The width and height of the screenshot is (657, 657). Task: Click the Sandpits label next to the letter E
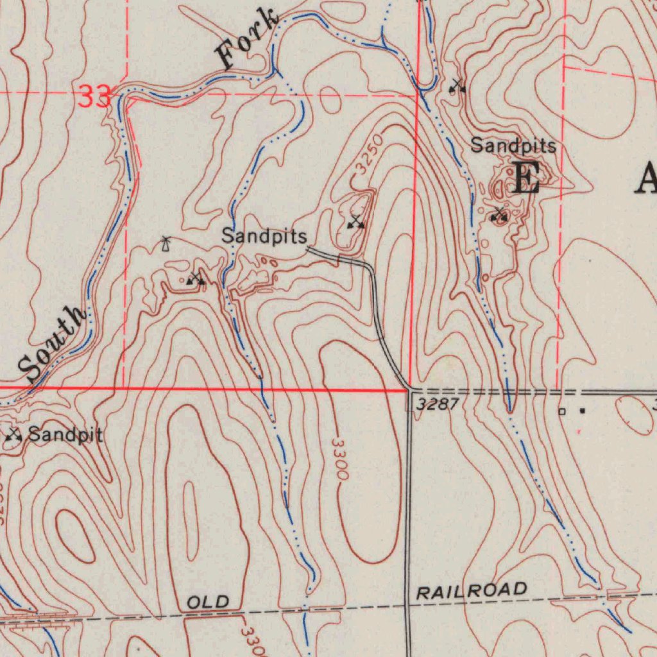[x=513, y=146]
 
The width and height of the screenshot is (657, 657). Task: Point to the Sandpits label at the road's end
[x=264, y=236]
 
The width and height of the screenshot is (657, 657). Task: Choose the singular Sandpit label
[x=66, y=435]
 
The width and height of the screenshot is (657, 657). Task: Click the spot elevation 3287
[x=436, y=404]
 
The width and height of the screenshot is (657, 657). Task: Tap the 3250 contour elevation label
[x=370, y=154]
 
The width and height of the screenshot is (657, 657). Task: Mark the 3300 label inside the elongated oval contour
[x=339, y=459]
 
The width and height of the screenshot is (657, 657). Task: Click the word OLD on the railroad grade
[x=208, y=602]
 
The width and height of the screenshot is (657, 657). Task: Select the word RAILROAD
[x=472, y=591]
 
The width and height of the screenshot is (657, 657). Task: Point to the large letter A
[x=645, y=178]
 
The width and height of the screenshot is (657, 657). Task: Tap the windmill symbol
[x=166, y=244]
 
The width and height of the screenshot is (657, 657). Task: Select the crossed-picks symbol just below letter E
[x=499, y=215]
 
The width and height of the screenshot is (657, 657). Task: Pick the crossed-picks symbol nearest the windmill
[x=196, y=278]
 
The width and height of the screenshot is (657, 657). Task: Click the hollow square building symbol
[x=562, y=411]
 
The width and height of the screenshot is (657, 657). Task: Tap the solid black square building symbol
[x=583, y=411]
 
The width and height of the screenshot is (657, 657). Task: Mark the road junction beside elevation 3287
[x=409, y=389]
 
